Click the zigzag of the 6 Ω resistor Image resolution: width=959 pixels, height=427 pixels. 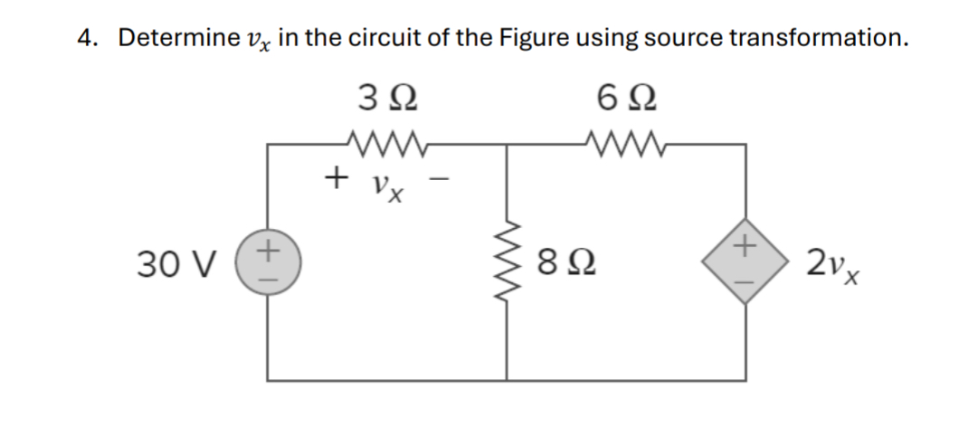point(625,142)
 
